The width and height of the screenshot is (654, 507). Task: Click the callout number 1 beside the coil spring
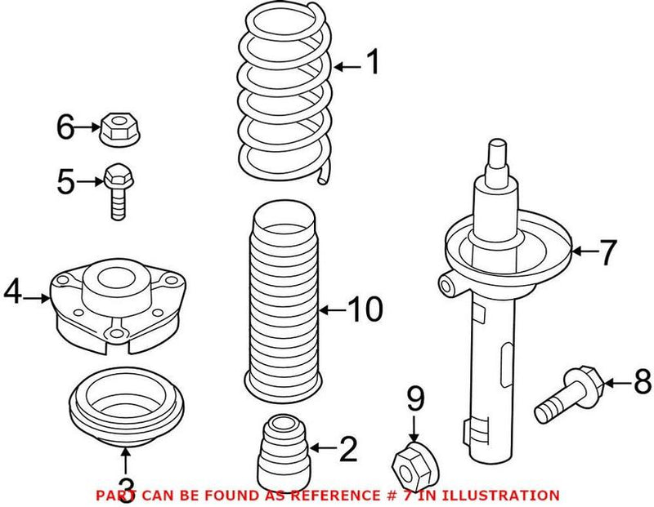tap(372, 63)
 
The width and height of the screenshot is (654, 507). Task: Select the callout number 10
tap(364, 309)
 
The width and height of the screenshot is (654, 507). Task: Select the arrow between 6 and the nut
tap(87, 127)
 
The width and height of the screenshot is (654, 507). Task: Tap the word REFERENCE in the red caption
tap(340, 495)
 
